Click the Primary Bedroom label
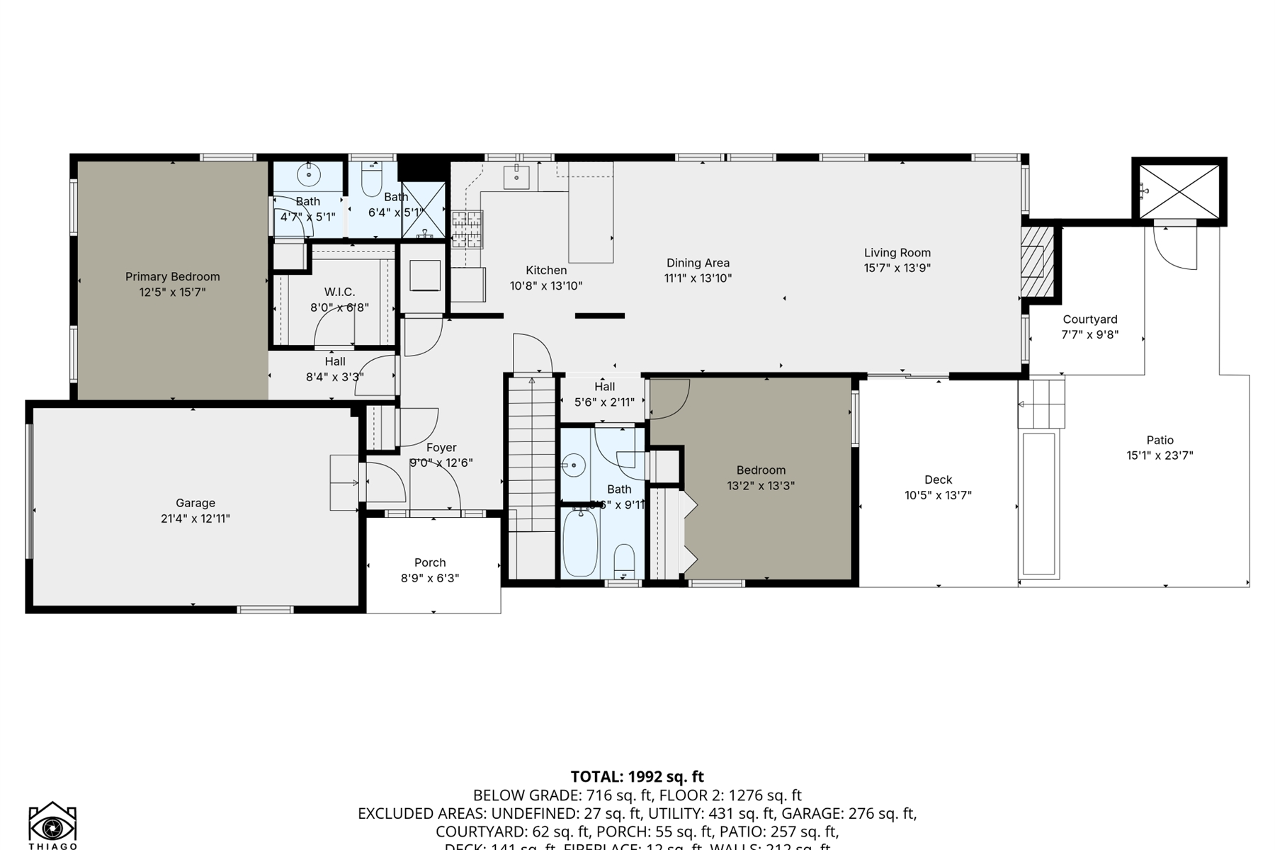(172, 277)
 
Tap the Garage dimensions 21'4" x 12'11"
(195, 518)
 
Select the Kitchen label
(546, 271)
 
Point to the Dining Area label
(698, 263)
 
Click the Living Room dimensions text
(897, 268)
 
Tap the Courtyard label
(1089, 319)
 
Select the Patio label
(1160, 441)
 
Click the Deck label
(938, 480)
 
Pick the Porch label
(430, 563)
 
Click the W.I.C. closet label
(339, 292)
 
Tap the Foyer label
(441, 448)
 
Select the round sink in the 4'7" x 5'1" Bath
(309, 174)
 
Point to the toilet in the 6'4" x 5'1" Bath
(371, 181)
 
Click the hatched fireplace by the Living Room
(1037, 261)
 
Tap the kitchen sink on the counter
(516, 176)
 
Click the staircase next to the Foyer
(531, 453)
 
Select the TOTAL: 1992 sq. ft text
(637, 777)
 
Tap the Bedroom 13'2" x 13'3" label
(761, 470)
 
